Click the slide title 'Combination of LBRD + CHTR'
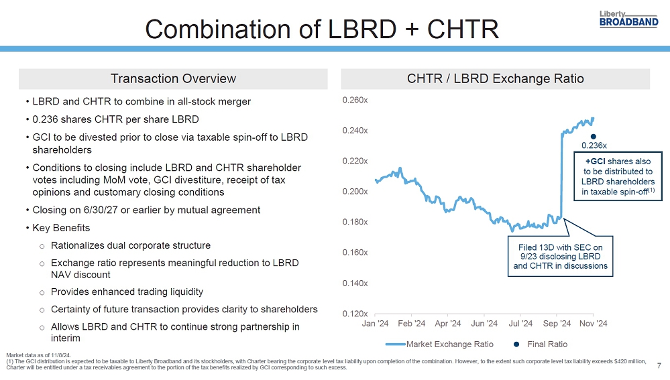pos(322,29)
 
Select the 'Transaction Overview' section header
pos(173,78)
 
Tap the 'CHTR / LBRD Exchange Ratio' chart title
pos(495,78)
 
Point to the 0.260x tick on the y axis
pos(355,100)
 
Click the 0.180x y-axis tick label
pos(355,222)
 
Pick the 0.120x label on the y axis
pos(355,314)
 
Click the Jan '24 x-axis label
pos(376,324)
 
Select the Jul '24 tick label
pos(520,324)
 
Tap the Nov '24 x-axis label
pos(593,324)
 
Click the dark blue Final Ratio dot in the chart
pos(594,137)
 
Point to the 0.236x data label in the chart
pos(594,145)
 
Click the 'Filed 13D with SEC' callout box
pos(560,256)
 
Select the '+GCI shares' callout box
pos(618,176)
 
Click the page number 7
pos(659,366)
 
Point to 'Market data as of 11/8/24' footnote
pos(38,355)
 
